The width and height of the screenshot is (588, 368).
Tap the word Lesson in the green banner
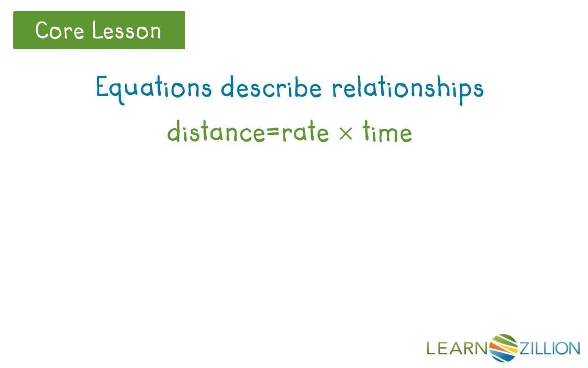coord(127,30)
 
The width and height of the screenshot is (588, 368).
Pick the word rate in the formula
coord(305,132)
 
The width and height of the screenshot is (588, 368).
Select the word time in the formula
coord(387,132)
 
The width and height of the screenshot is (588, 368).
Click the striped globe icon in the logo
coord(504,347)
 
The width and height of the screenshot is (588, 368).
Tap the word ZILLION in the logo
coord(549,348)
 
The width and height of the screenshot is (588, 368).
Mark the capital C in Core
coord(43,30)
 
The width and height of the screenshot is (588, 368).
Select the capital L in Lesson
coord(96,30)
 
